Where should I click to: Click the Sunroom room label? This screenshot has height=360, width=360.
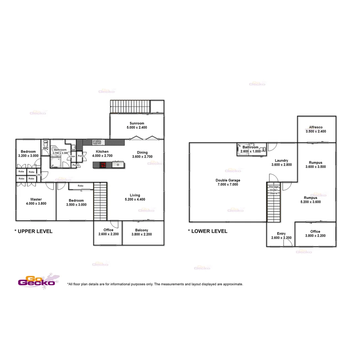pos(137,123)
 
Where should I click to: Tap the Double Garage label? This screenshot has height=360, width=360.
pos(228,180)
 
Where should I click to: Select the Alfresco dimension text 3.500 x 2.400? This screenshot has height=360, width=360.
pos(316,131)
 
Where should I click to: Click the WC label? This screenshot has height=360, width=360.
pos(46,148)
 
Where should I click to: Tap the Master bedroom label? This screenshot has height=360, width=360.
pos(36,199)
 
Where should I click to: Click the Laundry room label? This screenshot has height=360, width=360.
pos(282,160)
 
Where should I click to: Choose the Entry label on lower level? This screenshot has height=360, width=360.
pos(281,234)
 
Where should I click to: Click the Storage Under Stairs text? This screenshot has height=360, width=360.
pos(274,190)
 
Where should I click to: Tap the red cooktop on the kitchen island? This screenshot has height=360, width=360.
pos(103,164)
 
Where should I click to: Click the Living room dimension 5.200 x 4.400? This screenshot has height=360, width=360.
pos(135,199)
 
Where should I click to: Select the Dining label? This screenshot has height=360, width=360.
pos(142,152)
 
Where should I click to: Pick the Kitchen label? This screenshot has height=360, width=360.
pos(102,151)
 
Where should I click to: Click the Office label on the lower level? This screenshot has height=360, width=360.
pos(315,231)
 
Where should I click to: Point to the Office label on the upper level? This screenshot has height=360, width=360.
pos(108,230)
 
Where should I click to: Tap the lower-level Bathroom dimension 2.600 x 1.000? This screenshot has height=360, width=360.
pos(250,151)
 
